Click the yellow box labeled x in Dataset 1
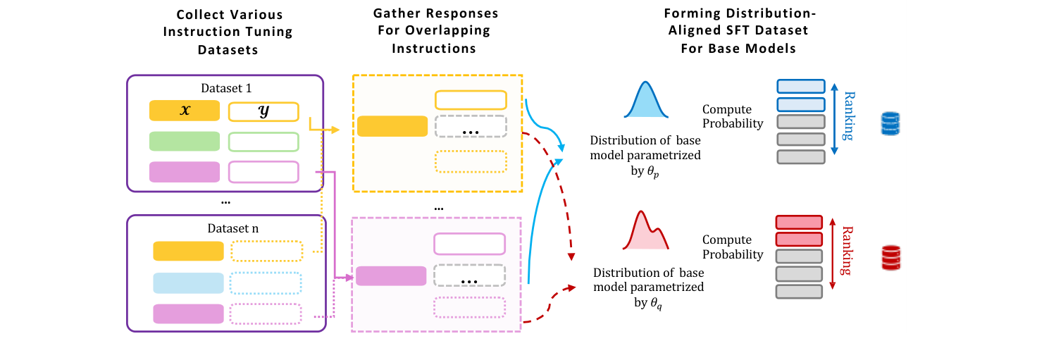(185, 111)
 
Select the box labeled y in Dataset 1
(263, 111)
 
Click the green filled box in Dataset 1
(185, 141)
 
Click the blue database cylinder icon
(891, 123)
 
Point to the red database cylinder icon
(891, 258)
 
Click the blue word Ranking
(849, 116)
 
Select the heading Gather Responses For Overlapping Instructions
(434, 31)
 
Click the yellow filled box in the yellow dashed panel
(392, 125)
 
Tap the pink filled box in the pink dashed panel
(391, 275)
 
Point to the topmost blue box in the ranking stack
(801, 86)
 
